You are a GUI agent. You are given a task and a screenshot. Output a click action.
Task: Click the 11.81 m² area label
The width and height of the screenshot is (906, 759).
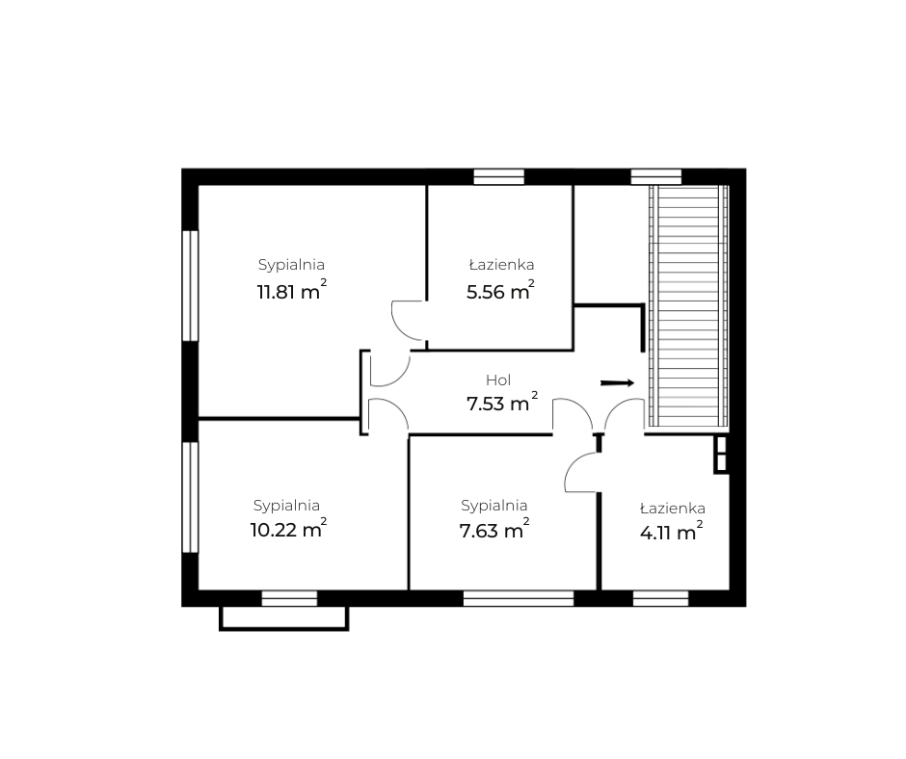(x=292, y=290)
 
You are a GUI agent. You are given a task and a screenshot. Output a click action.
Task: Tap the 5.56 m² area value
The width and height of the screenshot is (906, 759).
(x=500, y=290)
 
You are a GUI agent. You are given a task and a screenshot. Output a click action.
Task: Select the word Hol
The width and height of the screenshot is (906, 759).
(x=498, y=380)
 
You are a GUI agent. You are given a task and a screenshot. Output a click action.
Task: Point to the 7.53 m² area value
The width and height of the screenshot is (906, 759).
(x=502, y=402)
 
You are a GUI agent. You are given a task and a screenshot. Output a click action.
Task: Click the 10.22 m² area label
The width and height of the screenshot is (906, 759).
(x=288, y=528)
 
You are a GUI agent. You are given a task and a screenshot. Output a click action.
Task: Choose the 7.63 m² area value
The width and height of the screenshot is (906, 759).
(x=494, y=528)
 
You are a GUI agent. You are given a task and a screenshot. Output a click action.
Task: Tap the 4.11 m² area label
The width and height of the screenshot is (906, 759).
(x=672, y=531)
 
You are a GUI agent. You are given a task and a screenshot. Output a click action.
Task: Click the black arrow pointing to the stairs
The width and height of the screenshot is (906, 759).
(x=618, y=383)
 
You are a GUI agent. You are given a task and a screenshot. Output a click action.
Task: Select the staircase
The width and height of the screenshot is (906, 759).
(x=687, y=306)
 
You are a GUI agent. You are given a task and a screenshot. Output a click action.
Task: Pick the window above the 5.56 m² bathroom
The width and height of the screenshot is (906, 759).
(x=498, y=177)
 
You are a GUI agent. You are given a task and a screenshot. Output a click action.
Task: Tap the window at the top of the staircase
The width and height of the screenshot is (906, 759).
(x=655, y=177)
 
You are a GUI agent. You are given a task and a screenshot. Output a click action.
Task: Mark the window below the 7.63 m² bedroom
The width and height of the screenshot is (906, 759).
(x=519, y=598)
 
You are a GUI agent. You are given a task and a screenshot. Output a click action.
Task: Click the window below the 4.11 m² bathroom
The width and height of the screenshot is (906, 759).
(x=660, y=598)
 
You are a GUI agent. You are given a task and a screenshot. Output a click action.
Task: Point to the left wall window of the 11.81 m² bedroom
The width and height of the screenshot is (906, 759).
(x=190, y=286)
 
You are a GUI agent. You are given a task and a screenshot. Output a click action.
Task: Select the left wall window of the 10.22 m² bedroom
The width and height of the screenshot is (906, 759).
(x=190, y=497)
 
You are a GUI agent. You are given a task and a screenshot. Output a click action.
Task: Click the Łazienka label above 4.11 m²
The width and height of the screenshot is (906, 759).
(x=672, y=509)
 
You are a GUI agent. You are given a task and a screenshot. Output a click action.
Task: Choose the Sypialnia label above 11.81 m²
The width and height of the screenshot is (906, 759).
(x=291, y=265)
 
